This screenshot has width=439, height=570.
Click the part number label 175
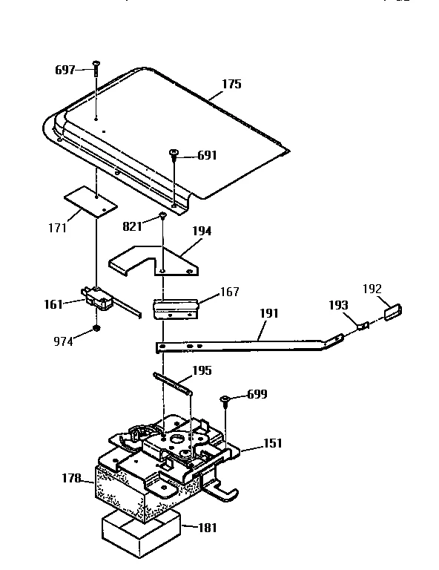pos(231,85)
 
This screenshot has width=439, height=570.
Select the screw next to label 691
pos(174,155)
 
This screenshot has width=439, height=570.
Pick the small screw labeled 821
pos(162,217)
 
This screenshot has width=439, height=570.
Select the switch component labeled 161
pos(95,298)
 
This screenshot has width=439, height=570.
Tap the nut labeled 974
pos(96,327)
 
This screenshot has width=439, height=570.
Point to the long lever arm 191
pos(245,343)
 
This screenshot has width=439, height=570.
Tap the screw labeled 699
pos(224,402)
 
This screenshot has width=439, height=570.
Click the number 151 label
pos(273,445)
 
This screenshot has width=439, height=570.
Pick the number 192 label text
pos(372,289)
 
